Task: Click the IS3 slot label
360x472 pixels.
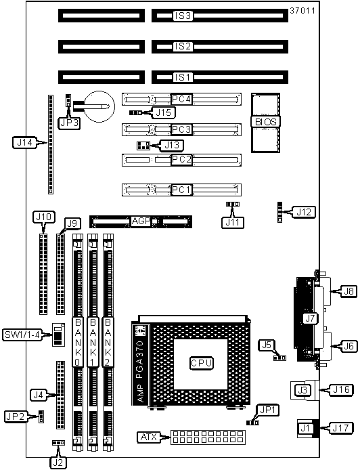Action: pos(183,16)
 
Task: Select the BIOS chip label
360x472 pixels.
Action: pos(265,122)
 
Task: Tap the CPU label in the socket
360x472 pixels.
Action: pos(202,363)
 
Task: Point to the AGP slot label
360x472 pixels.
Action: pos(141,221)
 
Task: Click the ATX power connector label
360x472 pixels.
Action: pos(149,437)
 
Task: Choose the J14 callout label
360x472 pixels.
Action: pos(24,142)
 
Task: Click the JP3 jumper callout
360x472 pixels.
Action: pos(69,123)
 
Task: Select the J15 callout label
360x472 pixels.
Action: pos(164,112)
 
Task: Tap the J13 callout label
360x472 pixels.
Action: pos(172,146)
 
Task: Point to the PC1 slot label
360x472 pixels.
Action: pos(181,190)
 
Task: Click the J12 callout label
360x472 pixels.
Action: pos(304,212)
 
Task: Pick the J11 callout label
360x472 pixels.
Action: pos(233,222)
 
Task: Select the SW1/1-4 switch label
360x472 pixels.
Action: pos(22,335)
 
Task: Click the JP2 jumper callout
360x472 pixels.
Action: pos(15,416)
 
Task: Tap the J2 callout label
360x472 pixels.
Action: pos(58,463)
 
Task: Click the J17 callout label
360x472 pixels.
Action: pos(340,428)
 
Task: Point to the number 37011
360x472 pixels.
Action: pos(302,11)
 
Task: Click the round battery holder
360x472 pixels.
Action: pos(99,106)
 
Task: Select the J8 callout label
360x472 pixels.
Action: pos(349,291)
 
